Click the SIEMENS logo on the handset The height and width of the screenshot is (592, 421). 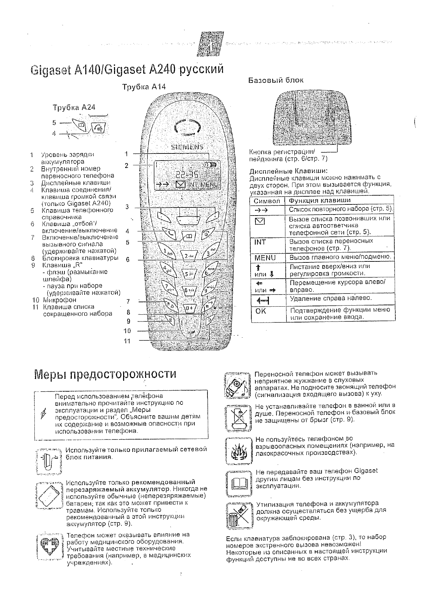(188, 147)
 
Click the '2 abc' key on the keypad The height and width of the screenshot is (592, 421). (189, 256)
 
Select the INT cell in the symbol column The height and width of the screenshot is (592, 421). (260, 242)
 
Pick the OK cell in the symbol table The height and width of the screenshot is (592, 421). (261, 311)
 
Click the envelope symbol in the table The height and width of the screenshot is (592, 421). (262, 222)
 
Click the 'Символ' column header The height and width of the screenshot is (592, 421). (267, 201)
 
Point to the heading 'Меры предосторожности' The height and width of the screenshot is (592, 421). (106, 374)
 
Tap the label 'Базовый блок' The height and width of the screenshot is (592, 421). (276, 80)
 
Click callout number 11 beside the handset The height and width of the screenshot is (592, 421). (127, 341)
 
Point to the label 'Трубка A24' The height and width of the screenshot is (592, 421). (74, 108)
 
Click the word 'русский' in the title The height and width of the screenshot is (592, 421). (201, 69)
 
